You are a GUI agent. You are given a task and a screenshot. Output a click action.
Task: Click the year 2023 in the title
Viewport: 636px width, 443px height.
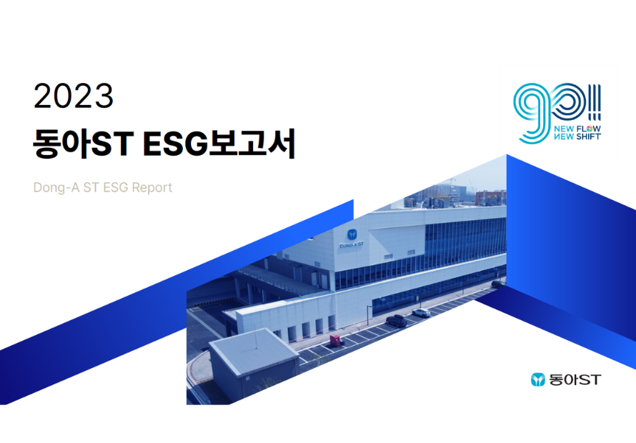point(74,96)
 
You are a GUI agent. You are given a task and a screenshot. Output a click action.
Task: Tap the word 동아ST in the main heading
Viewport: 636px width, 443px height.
point(84,144)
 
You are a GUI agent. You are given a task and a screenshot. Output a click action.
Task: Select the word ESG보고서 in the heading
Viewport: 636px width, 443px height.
point(219,144)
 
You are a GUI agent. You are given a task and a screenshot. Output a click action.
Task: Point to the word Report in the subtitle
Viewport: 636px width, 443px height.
point(152,187)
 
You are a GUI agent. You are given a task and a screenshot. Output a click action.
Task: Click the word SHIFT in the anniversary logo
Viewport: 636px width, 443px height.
point(589,136)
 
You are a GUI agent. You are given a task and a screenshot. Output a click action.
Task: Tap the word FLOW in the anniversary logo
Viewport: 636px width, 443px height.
point(589,129)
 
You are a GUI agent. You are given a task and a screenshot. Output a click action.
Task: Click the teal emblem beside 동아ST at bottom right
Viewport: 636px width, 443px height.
point(538,379)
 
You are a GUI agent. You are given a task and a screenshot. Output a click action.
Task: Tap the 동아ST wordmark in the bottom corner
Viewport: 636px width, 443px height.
point(575,379)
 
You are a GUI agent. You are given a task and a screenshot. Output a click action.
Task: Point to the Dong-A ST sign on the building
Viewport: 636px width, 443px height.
point(352,245)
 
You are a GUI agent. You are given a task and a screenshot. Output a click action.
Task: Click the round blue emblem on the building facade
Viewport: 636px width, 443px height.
point(352,234)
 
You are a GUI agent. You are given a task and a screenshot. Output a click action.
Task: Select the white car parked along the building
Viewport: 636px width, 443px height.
point(421,312)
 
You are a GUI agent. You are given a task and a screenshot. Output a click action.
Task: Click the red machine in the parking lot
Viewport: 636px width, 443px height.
point(337,340)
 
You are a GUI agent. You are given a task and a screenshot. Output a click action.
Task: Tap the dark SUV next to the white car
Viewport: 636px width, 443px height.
point(397,321)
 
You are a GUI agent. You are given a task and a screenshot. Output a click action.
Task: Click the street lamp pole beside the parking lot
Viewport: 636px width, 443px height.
point(368,316)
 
